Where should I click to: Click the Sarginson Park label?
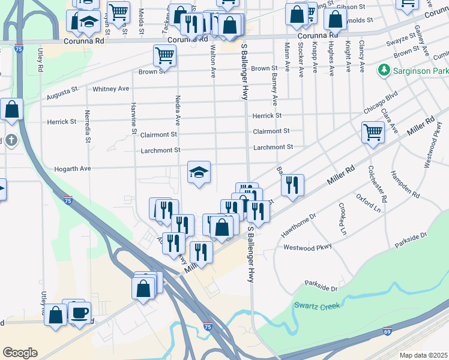418,71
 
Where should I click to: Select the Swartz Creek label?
316,306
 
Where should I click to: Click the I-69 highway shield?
388,331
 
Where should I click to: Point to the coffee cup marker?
79,313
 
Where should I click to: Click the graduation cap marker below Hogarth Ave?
199,173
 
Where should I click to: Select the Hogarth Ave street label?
72,169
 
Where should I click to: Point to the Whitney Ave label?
111,89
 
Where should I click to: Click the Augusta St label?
63,95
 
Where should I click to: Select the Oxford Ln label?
369,203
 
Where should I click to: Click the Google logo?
20,353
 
